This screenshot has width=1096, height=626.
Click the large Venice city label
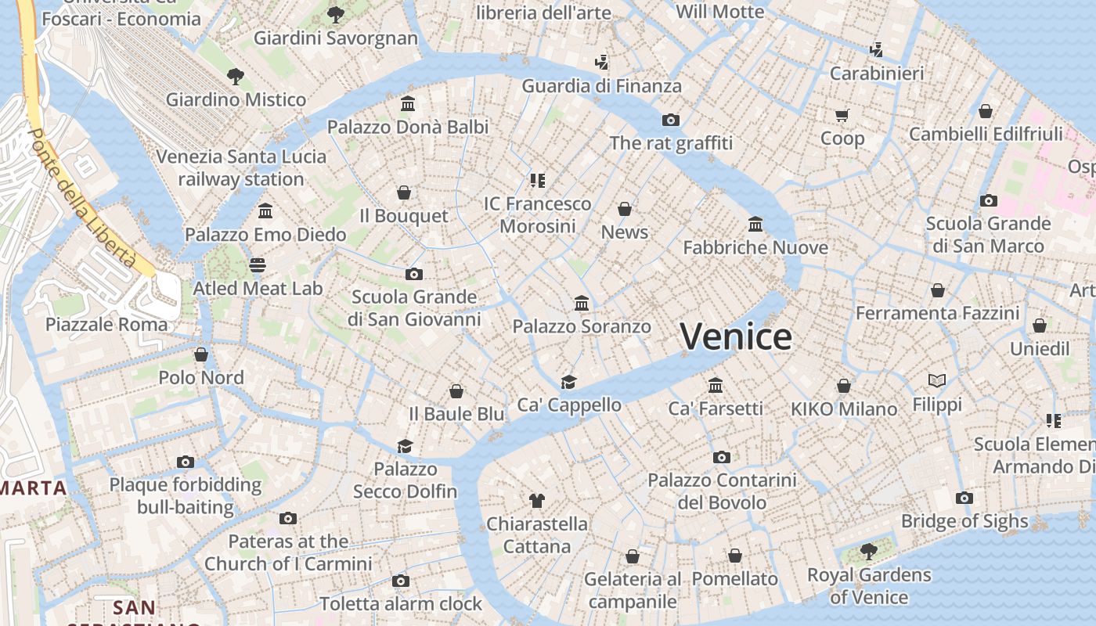pos(735,336)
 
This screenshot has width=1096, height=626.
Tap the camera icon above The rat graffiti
pos(670,120)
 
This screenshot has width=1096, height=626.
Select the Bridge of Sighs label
pos(964,521)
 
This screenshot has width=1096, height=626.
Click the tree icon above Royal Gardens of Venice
pos(868,552)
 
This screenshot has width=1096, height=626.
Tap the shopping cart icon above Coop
pos(842,116)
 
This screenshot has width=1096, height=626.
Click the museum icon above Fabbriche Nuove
pos(755,225)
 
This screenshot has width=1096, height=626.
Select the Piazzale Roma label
pos(106,325)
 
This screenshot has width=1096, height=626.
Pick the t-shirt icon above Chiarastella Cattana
pos(536,500)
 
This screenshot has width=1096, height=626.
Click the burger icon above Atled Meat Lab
pos(258,265)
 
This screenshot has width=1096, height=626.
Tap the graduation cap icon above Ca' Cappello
pos(569,382)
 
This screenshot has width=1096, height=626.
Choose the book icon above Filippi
pos(937,381)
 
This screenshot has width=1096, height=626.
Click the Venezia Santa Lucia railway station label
pos(241,167)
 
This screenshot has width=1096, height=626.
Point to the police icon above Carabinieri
pos(877,50)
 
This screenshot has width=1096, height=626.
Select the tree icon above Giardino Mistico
pos(236,77)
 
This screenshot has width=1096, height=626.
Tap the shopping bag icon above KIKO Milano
pos(843,386)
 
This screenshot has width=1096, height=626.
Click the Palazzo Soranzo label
pos(582,326)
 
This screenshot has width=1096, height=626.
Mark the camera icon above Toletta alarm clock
pos(401,581)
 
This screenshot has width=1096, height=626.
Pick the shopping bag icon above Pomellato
pos(734,556)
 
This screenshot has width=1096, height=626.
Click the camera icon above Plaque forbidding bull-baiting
pos(186,462)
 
